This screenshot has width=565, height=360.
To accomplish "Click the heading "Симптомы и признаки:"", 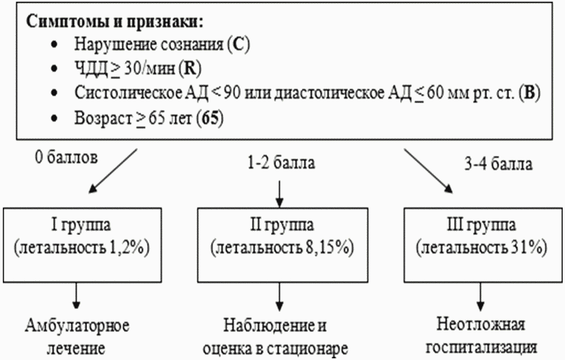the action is click(x=115, y=22).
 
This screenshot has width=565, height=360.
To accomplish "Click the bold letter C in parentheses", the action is click(x=238, y=45).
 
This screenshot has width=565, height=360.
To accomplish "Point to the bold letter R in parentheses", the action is click(x=189, y=68).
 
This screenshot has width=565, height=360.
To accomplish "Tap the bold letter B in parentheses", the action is click(x=529, y=93).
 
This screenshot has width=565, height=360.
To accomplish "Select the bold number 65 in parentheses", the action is click(x=210, y=118).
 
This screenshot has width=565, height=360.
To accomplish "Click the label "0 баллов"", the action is click(x=66, y=158).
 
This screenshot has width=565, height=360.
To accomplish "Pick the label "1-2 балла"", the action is click(x=281, y=163).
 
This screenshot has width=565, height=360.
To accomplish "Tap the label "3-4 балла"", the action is click(x=498, y=164).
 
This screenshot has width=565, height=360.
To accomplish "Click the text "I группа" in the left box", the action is click(x=81, y=225).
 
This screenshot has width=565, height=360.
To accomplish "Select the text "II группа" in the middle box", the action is click(x=282, y=225).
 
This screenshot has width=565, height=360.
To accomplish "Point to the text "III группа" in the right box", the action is click(x=481, y=225).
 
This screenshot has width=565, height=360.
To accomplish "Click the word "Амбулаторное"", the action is click(x=77, y=326).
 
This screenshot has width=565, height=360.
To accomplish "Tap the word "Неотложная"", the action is click(x=481, y=324).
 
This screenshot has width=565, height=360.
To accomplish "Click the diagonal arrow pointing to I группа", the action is click(x=113, y=170).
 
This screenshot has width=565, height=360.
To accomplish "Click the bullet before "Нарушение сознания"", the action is click(x=54, y=45).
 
